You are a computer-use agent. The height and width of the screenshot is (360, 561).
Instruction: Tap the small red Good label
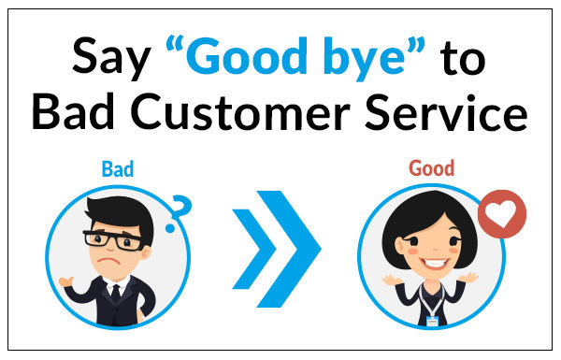432,170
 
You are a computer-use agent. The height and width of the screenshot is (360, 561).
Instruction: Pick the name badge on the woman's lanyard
431,320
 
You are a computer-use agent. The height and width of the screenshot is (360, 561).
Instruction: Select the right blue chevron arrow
295,248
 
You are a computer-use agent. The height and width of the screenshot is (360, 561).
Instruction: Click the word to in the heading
464,61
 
